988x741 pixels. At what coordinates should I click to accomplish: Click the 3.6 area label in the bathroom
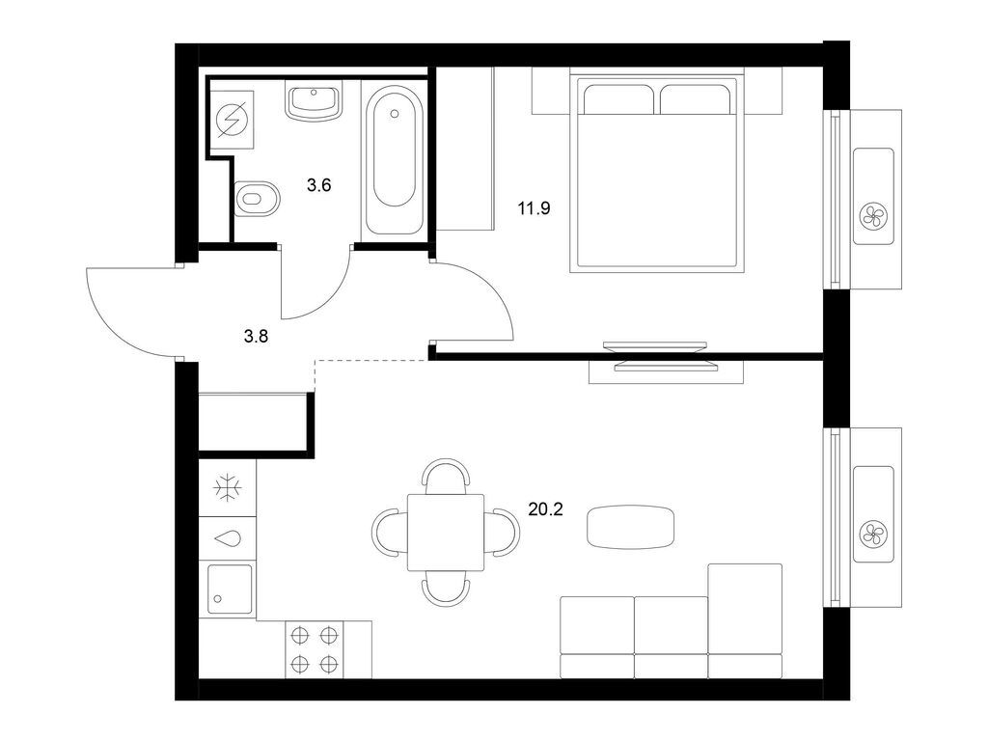pos(319,185)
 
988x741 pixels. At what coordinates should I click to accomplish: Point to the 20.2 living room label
pos(545,508)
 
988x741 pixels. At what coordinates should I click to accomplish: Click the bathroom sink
pos(314,100)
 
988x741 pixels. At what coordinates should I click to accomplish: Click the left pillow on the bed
pos(617,100)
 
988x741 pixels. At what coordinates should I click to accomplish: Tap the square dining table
pos(445,532)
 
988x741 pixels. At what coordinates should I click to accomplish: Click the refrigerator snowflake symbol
pos(229,488)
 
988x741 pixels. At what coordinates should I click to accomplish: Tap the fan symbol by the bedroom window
pos(873,214)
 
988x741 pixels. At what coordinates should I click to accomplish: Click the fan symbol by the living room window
pos(873,532)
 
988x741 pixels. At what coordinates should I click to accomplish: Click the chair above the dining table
pos(446,475)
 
